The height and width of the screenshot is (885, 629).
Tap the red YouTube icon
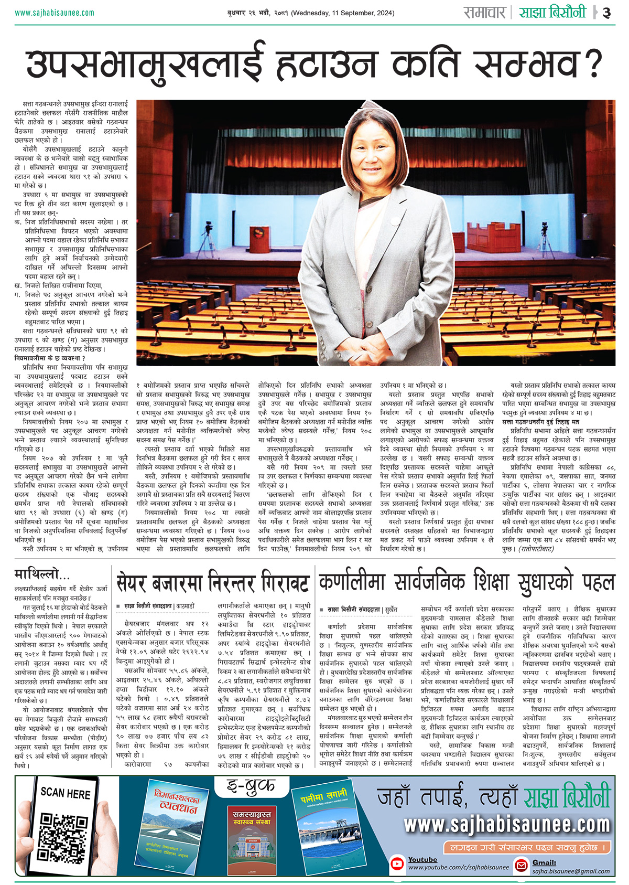[x=398, y=863]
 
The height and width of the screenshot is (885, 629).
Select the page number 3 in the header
[x=606, y=13]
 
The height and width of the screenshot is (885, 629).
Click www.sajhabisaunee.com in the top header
[x=55, y=13]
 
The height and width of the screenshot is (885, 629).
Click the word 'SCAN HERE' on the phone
[x=66, y=793]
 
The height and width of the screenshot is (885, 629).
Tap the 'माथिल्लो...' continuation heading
[x=42, y=574]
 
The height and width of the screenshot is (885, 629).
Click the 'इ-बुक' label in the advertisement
[x=251, y=785]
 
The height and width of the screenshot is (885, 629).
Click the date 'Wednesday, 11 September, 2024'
[x=343, y=13]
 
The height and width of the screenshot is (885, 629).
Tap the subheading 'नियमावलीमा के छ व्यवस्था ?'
[x=50, y=358]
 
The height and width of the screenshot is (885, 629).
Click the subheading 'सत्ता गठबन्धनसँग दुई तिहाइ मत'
[x=540, y=422]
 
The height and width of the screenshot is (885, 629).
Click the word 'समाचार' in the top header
[x=484, y=13]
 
